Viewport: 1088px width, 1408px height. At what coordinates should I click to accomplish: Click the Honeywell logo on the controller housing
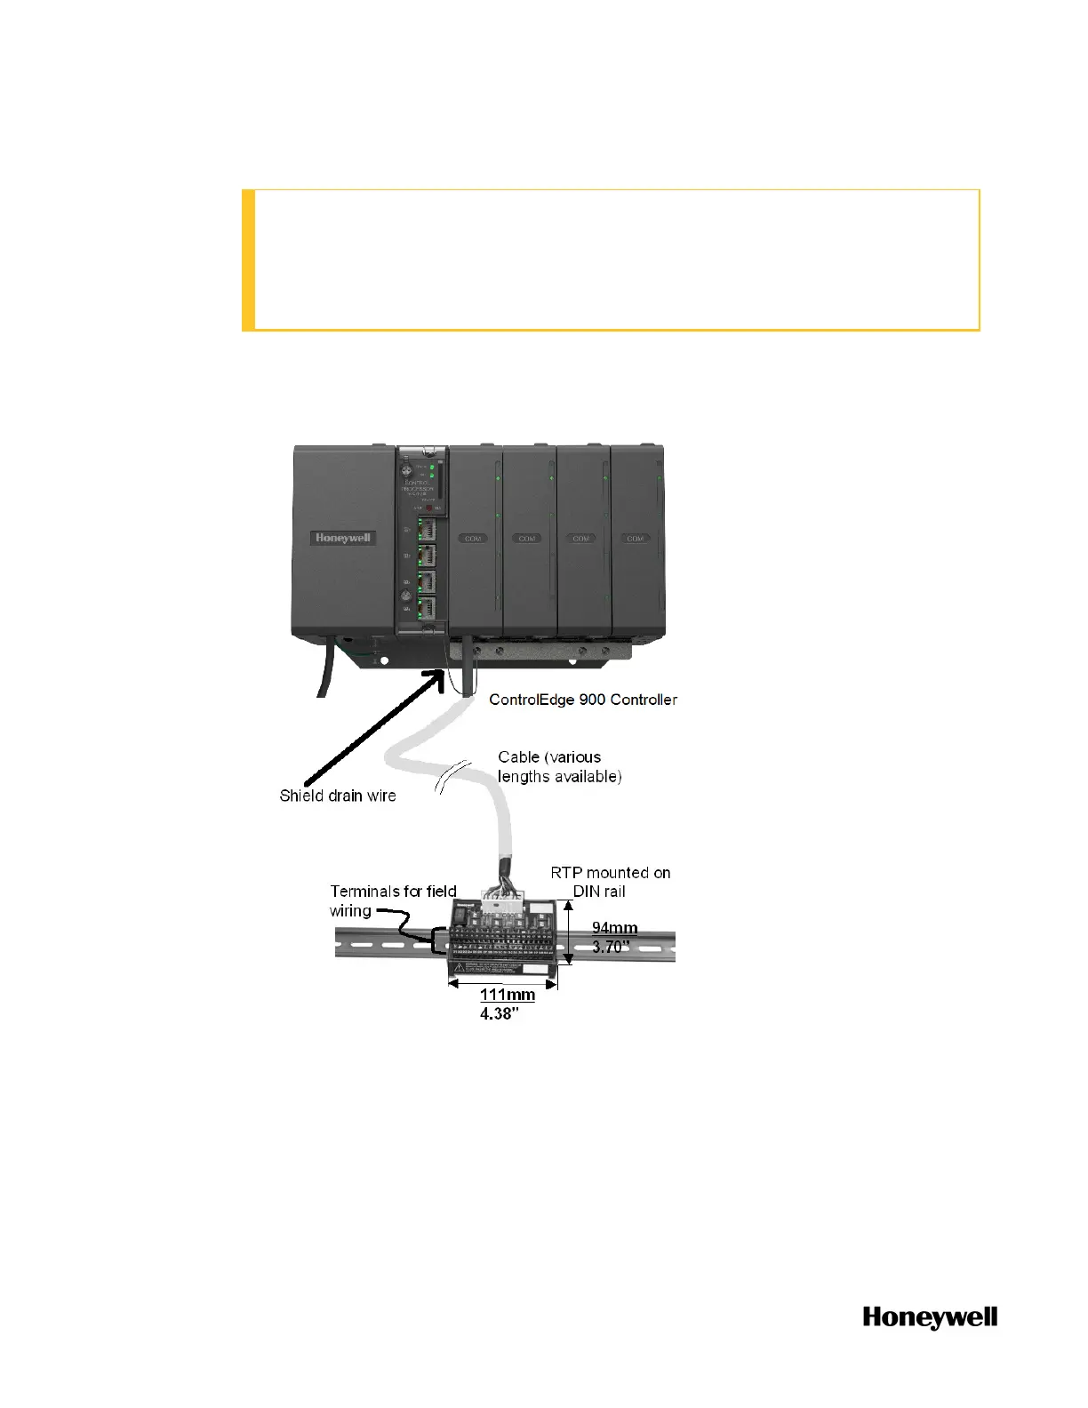coord(343,538)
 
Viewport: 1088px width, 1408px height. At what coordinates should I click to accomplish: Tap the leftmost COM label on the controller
coord(473,539)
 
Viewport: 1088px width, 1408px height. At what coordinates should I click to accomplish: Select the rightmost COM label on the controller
coord(635,539)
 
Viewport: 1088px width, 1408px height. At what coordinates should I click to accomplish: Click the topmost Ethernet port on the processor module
coord(428,530)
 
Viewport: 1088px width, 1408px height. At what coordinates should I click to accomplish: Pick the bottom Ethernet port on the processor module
coord(428,608)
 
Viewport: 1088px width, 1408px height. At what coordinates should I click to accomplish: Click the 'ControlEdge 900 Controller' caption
coord(583,700)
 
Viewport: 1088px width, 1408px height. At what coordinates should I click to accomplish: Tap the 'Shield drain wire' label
coord(338,796)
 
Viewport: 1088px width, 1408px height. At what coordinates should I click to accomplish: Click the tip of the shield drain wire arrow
coord(442,672)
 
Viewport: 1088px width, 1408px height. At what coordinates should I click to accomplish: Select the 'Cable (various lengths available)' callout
coord(559,766)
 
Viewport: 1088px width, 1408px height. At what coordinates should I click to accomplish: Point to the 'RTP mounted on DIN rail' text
coord(611,882)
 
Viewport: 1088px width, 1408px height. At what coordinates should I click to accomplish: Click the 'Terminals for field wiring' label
coord(393,900)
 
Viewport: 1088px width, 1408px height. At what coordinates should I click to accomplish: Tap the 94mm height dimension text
coord(615,928)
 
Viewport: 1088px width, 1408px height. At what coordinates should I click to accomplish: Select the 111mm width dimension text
coord(508,995)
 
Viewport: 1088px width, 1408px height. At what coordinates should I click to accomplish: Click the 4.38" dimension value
coord(500,1013)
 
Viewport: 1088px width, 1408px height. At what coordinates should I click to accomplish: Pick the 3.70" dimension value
coord(612,947)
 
